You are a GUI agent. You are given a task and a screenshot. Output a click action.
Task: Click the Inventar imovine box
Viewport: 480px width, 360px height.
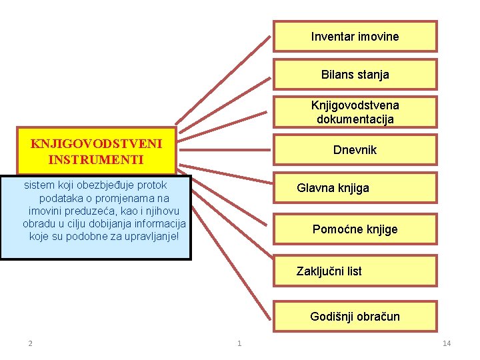point(355,37)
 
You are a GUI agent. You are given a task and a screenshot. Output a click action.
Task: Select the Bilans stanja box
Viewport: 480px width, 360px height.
point(355,75)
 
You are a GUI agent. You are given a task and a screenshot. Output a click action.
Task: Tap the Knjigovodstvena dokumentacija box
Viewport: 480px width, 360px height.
point(355,113)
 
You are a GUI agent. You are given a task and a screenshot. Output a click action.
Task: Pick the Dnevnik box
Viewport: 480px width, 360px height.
point(355,150)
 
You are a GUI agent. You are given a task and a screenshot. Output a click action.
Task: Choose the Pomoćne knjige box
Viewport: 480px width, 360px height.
point(355,229)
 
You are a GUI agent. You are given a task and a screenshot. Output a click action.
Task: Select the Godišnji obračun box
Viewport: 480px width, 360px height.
point(355,317)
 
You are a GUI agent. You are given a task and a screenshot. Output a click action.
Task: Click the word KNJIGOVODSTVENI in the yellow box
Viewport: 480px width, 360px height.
point(96,143)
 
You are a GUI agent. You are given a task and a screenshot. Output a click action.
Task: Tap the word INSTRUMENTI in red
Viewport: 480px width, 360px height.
point(96,160)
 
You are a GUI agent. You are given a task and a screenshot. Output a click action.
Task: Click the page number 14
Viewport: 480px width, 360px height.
point(447,343)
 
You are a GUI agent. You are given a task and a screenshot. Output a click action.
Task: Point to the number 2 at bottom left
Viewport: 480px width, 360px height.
point(30,343)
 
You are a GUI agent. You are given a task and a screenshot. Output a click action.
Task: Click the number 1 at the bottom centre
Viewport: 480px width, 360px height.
point(239,343)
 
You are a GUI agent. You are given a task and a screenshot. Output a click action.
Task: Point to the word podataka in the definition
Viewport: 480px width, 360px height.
point(62,198)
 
